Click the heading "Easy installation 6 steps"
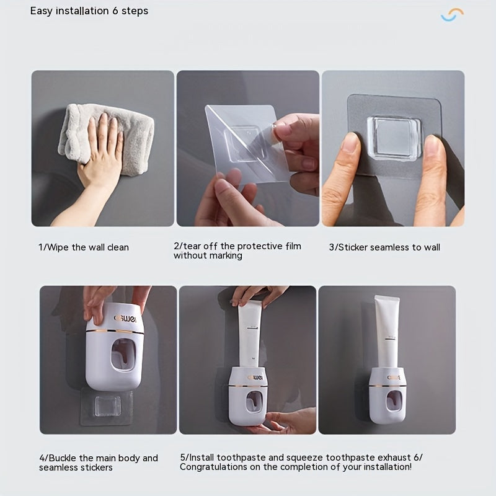pos(89,11)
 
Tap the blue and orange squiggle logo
pos(452,15)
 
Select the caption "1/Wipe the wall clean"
pos(84,247)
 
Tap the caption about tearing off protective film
pos(237,250)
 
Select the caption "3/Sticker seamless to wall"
pos(384,247)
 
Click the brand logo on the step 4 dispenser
pos(126,317)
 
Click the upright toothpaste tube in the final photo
pos(386,332)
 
